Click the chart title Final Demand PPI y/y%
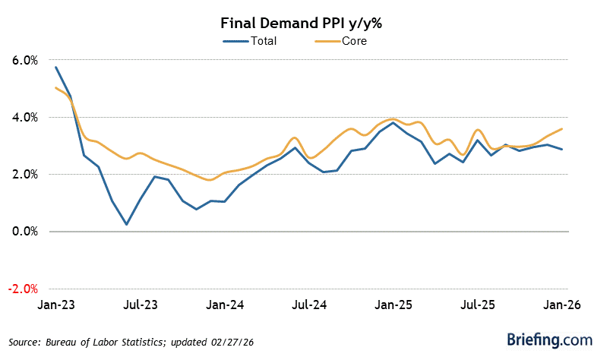click(297, 22)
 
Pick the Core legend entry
click(354, 41)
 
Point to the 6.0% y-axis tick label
click(24, 60)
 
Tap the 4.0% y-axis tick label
click(24, 117)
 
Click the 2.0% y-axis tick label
click(24, 174)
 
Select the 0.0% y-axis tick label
click(24, 232)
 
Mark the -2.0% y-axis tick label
click(22, 289)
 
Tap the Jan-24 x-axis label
click(226, 306)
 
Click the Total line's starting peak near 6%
click(55, 67)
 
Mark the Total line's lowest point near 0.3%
click(126, 224)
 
